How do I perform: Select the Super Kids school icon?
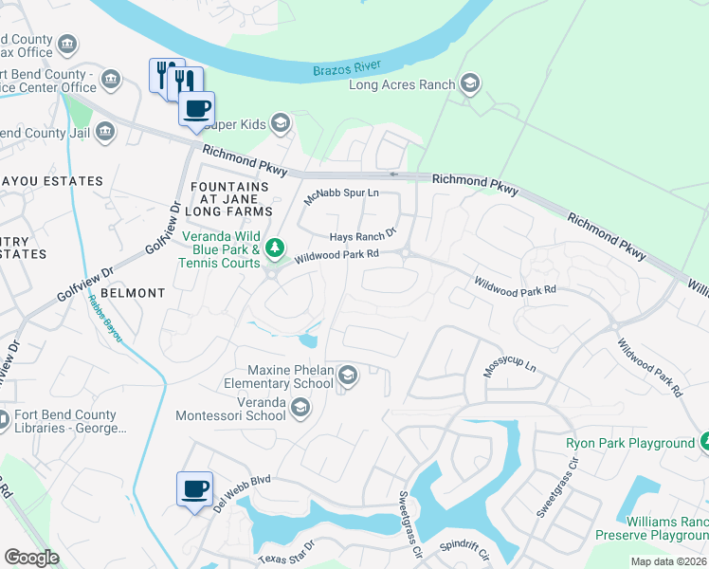pyautogui.click(x=280, y=122)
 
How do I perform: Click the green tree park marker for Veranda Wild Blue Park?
pyautogui.click(x=275, y=248)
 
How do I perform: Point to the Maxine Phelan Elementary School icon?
pyautogui.click(x=348, y=376)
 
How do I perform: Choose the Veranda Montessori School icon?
pyautogui.click(x=300, y=408)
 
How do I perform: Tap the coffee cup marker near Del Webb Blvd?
pyautogui.click(x=194, y=488)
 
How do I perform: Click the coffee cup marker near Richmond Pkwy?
pyautogui.click(x=196, y=109)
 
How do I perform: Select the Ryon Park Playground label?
pyautogui.click(x=630, y=443)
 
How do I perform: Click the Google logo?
pyautogui.click(x=31, y=558)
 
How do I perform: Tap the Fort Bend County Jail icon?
pyautogui.click(x=104, y=131)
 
